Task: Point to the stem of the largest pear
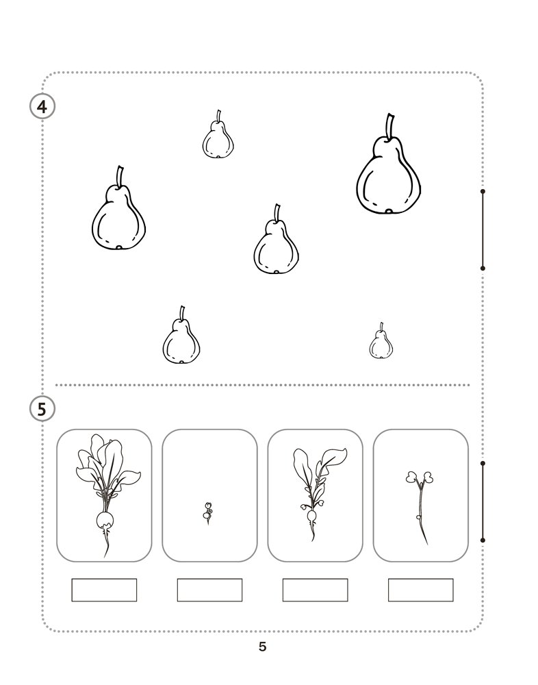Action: coord(390,126)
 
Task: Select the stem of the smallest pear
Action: coord(381,327)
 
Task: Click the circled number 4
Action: coord(42,106)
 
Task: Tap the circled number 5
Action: coord(42,410)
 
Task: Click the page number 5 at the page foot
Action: coord(262,647)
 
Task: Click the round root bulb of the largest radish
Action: coord(105,520)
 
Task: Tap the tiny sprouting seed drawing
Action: coord(208,513)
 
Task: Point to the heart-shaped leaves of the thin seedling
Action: coord(420,477)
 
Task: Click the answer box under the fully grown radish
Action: coord(104,590)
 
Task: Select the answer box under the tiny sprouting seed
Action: coord(209,590)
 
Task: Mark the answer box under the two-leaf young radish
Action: coord(316,590)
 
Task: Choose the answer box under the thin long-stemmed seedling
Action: coord(420,590)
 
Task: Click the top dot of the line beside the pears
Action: coord(483,191)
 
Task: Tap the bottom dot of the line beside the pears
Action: coord(483,269)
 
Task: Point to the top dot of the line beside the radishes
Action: coord(483,463)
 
